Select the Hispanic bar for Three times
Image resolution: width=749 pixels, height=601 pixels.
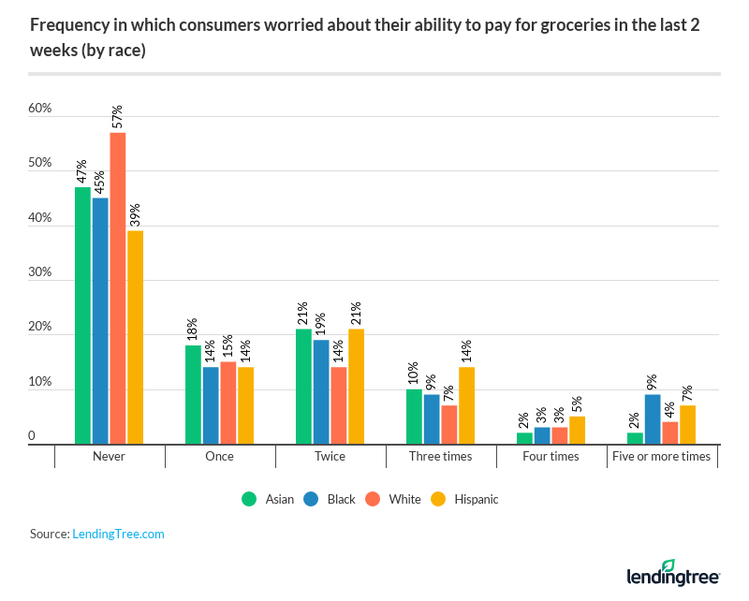466,405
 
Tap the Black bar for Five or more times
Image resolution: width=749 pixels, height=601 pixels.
653,419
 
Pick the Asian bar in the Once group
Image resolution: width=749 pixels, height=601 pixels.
193,394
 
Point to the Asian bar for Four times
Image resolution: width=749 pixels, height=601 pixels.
524,438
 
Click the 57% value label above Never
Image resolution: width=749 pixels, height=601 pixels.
118,117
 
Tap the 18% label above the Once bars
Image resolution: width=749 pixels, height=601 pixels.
193,330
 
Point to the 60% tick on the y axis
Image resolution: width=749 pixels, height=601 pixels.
39,109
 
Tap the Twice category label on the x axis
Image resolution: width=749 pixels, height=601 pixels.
330,456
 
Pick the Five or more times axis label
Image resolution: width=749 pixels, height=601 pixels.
662,456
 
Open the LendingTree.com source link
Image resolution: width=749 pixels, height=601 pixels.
118,534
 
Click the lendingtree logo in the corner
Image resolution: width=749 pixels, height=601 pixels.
672,573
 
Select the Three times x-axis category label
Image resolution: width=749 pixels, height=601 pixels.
440,456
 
